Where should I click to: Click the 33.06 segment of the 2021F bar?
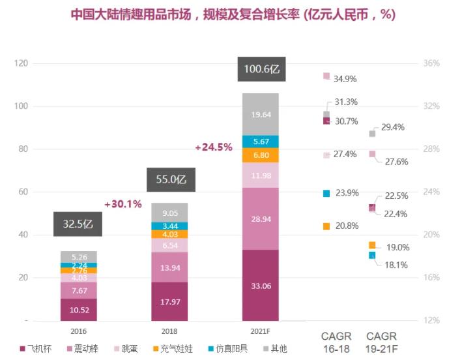pos(260,285)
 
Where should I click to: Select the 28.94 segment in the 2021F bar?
pos(260,218)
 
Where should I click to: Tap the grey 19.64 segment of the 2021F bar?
pos(260,114)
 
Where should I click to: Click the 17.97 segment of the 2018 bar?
pos(169,301)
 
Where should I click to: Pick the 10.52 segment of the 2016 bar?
pos(78,309)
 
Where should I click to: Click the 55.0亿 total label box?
pos(170,179)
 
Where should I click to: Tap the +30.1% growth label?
pos(123,204)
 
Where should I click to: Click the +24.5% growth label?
pos(213,147)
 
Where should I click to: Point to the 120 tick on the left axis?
pos(22,63)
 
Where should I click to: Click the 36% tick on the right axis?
pos(431,63)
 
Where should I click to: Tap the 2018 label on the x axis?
pos(169,331)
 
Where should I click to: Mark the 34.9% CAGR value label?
pos(345,79)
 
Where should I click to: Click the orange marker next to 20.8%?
pos(326,226)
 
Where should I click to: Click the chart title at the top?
pos(233,14)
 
